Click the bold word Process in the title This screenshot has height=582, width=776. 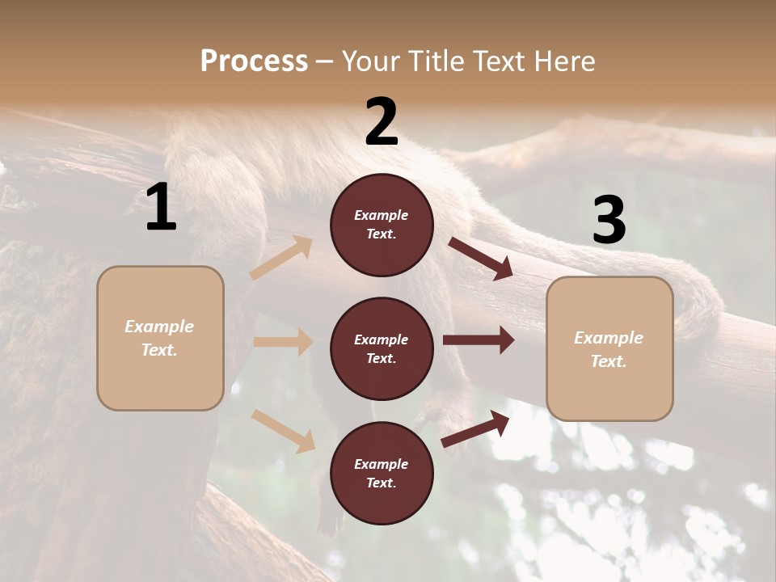click(254, 61)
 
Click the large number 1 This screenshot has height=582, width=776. click(161, 208)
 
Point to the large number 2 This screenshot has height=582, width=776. click(382, 122)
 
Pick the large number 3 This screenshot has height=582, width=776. click(609, 221)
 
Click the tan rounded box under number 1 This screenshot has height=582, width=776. click(160, 338)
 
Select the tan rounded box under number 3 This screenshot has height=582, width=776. click(609, 348)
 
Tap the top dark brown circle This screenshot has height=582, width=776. click(382, 225)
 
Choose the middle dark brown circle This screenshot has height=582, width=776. click(382, 348)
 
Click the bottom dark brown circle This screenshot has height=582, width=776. click(382, 473)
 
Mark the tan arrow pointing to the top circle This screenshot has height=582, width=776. click(281, 258)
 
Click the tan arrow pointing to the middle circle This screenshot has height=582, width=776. click(283, 342)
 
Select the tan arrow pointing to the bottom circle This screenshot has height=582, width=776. click(284, 431)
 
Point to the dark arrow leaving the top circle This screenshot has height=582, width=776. click(481, 259)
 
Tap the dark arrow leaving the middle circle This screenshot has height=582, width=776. click(479, 340)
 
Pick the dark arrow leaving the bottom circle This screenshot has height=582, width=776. click(475, 428)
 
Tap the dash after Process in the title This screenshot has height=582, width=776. click(325, 61)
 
